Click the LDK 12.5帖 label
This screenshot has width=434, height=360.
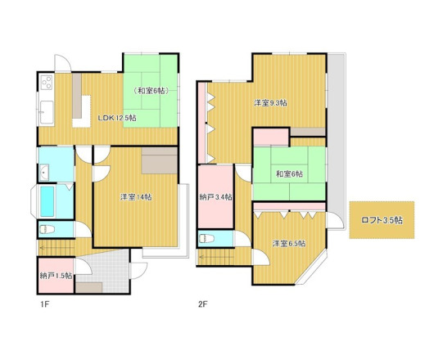pos(117,118)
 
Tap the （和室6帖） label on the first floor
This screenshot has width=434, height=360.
pos(151,91)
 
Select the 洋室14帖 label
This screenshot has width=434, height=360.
pos(136,197)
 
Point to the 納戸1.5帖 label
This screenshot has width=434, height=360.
pos(57,276)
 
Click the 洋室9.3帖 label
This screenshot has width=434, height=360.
pos(270,103)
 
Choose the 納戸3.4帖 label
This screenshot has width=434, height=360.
pos(216,197)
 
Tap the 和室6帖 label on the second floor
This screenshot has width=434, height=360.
pos(289,174)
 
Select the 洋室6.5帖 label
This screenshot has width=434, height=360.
pos(289,244)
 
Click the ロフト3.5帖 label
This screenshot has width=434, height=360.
pos(382,220)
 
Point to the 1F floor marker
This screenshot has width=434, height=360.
pos(44,304)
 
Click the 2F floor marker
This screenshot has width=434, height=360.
pos(202,304)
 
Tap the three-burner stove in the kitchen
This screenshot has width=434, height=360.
pos(47,82)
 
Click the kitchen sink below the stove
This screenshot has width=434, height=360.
pos(47,112)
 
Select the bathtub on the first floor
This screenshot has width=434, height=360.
pos(47,201)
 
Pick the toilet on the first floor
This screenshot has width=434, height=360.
pos(47,229)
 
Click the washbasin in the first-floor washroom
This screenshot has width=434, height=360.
pos(44,173)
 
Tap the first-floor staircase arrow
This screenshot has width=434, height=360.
pos(57,248)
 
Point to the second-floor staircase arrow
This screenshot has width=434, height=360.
pos(217,257)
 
